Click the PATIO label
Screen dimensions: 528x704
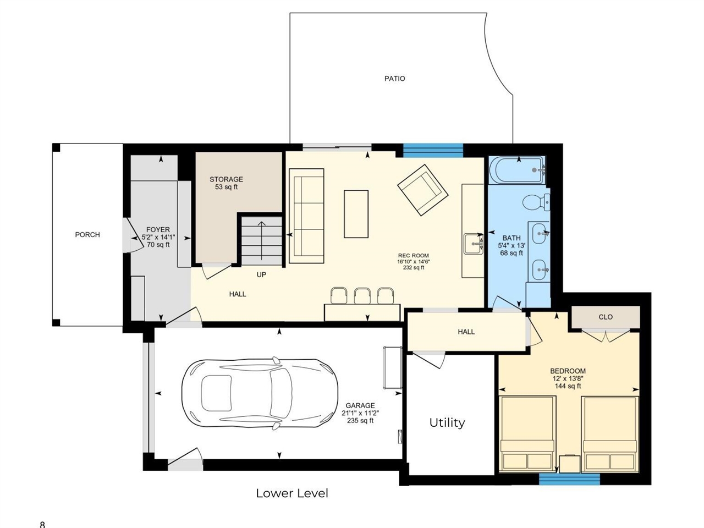pyautogui.click(x=394, y=79)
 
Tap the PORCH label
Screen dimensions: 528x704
pyautogui.click(x=87, y=235)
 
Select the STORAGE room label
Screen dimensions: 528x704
pyautogui.click(x=226, y=179)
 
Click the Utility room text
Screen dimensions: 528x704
pyautogui.click(x=447, y=422)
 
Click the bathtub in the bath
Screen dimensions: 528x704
pyautogui.click(x=516, y=170)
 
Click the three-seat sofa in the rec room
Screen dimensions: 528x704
pyautogui.click(x=306, y=216)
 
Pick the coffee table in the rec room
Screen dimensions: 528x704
pyautogui.click(x=356, y=213)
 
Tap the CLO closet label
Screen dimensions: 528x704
pyautogui.click(x=606, y=317)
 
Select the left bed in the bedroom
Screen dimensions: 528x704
pyautogui.click(x=526, y=433)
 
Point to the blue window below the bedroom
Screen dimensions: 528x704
pyautogui.click(x=569, y=480)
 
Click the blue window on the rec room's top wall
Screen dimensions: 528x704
pyautogui.click(x=433, y=150)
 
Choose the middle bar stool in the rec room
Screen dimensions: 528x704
pyautogui.click(x=362, y=296)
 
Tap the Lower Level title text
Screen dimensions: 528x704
pyautogui.click(x=291, y=493)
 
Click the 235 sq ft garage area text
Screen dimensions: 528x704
pyautogui.click(x=360, y=421)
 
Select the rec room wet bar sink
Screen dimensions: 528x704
pyautogui.click(x=473, y=244)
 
